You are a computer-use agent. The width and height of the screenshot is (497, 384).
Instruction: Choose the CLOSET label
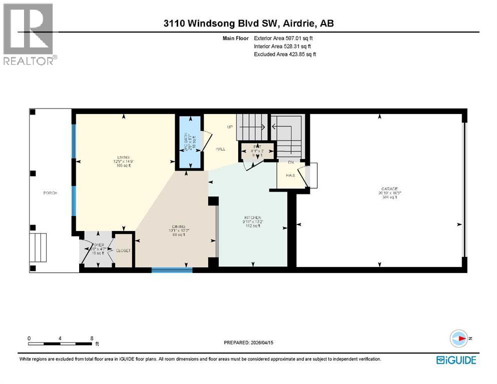123,250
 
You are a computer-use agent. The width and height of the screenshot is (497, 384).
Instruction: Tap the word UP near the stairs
230,127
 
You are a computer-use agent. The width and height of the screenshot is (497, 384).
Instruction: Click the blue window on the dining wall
172,270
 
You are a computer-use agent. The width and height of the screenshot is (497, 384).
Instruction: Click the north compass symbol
458,338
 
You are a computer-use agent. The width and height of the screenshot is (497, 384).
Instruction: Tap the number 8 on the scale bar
92,338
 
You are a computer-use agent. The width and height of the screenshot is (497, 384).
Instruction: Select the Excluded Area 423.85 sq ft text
285,54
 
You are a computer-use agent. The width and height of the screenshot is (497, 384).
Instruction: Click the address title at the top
248,23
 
